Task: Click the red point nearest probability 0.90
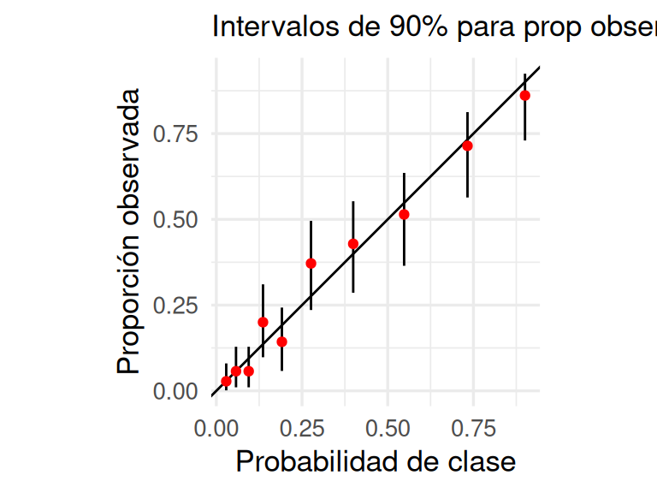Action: [x=524, y=96]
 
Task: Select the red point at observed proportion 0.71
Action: [x=467, y=146]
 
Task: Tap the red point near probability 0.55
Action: [x=404, y=214]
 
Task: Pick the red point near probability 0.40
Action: [x=352, y=244]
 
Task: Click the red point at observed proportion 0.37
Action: [x=311, y=264]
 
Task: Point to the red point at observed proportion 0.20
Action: [x=263, y=322]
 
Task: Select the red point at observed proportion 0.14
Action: [x=281, y=342]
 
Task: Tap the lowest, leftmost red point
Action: [x=226, y=381]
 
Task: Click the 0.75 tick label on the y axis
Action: [x=175, y=134]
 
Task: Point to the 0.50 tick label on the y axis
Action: [x=175, y=219]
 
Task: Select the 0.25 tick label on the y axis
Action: [x=175, y=306]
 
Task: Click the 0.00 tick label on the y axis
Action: [x=175, y=391]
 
